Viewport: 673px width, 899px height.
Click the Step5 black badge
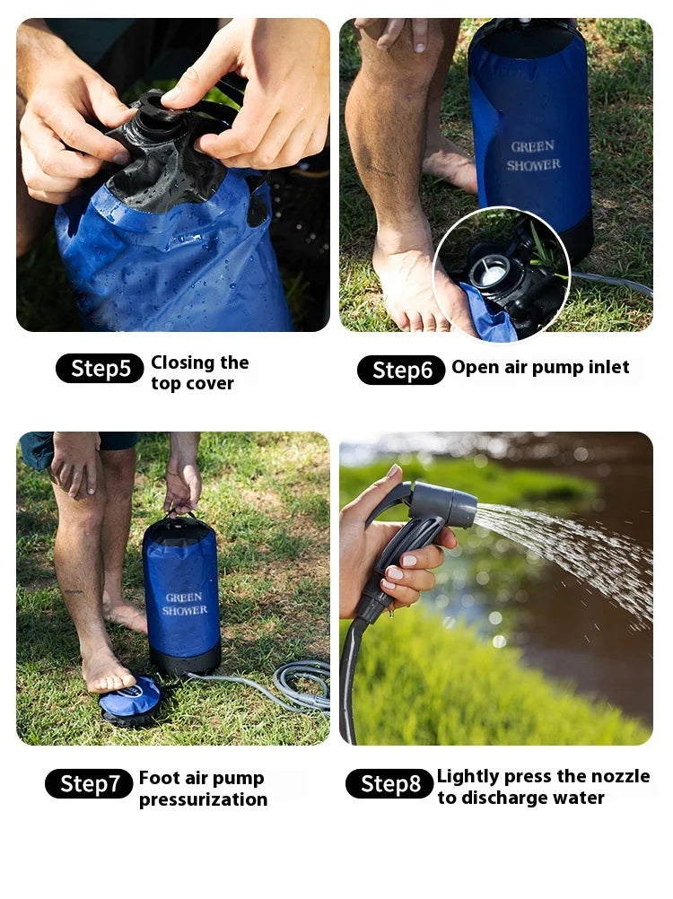100,369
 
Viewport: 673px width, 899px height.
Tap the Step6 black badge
401,371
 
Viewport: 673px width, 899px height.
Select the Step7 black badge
89,784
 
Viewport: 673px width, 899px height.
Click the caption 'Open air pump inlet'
540,367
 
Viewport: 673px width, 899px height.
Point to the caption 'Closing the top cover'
199,372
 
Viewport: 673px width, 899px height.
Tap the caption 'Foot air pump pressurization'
203,789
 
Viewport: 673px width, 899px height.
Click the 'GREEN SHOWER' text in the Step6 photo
533,155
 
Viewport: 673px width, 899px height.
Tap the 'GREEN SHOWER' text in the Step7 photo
183,604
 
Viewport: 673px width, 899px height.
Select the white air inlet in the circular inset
492,271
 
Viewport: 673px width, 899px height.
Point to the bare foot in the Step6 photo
408,287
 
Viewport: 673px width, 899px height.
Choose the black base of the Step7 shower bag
184,659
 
